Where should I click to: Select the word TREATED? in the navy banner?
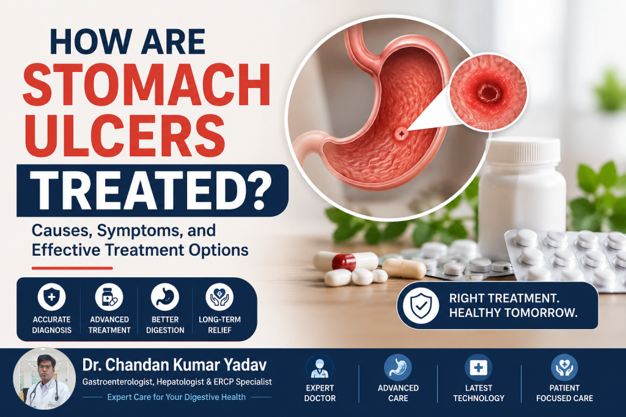(150, 190)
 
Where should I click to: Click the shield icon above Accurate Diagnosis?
(51, 297)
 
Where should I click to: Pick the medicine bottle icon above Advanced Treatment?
(109, 297)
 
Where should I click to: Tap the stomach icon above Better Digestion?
(165, 297)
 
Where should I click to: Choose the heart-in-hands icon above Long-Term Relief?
(219, 297)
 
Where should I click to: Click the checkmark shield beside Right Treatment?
(421, 305)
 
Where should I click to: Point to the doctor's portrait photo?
(44, 379)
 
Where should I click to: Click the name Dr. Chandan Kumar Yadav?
(174, 364)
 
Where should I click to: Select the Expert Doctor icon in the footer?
(319, 368)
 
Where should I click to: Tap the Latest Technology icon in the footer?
(478, 368)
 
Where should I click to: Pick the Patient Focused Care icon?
(564, 368)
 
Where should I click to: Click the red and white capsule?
(345, 261)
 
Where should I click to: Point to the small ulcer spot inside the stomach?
(400, 134)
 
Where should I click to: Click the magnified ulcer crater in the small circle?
(490, 93)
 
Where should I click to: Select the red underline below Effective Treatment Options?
(72, 268)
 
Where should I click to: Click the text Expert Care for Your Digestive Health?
(177, 397)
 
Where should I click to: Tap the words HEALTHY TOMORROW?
(514, 313)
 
